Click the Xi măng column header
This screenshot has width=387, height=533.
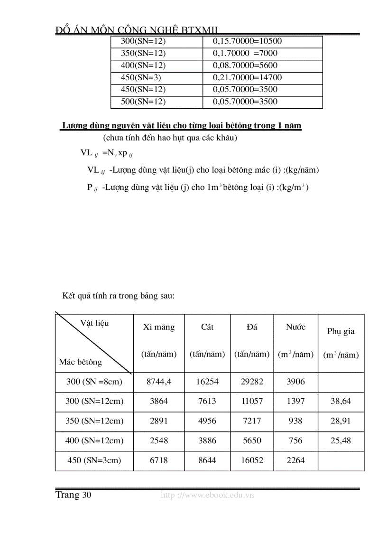[159, 327]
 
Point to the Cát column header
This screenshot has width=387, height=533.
[207, 327]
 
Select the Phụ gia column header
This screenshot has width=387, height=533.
[341, 331]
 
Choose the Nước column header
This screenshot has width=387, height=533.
[295, 327]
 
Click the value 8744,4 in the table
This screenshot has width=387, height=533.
[159, 382]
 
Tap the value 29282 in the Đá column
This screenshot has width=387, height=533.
[252, 382]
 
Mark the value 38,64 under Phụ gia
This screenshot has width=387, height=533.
[341, 401]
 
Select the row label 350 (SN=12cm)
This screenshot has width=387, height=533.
[94, 421]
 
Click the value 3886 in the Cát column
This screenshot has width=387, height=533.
[207, 440]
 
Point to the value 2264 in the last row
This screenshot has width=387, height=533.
[295, 460]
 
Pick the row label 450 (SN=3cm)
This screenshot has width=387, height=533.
[94, 460]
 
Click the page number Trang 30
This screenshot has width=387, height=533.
[73, 495]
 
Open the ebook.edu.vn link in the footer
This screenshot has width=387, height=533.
[207, 495]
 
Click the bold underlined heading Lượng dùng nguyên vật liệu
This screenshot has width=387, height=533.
[181, 126]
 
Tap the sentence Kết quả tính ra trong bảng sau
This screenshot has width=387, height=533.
[119, 296]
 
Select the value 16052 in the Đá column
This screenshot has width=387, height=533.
[252, 460]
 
